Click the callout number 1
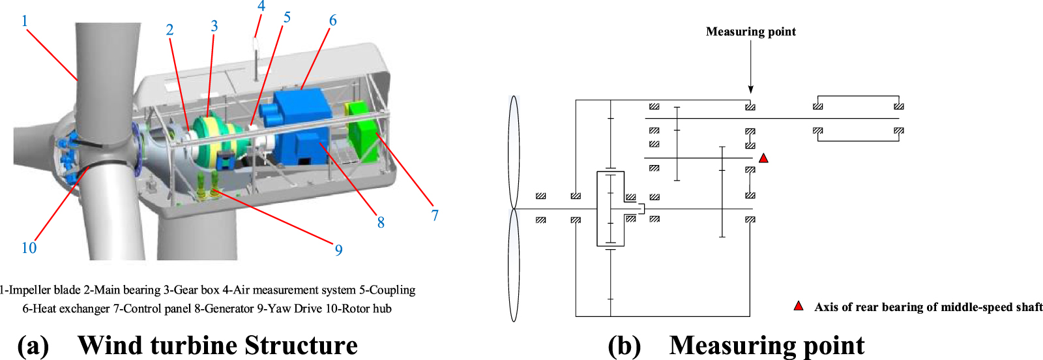(25, 21)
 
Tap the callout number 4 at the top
(261, 7)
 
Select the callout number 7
(435, 215)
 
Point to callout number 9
(338, 250)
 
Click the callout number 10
(29, 248)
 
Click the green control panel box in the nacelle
(362, 134)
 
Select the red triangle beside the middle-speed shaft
(763, 158)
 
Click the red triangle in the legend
(798, 306)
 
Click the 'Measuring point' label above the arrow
(750, 31)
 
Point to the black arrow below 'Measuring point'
(750, 72)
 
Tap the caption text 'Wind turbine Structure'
(217, 345)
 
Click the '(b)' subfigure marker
(624, 345)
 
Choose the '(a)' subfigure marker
(33, 345)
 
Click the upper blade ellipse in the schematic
(514, 152)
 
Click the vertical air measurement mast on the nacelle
(256, 59)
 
